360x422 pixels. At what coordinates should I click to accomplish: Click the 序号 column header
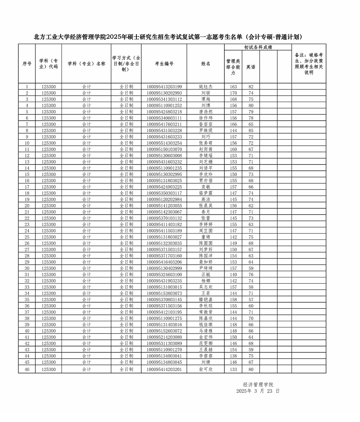tap(27, 64)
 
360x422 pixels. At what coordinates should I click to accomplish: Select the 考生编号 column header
tap(164, 64)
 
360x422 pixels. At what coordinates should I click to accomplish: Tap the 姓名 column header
tap(205, 64)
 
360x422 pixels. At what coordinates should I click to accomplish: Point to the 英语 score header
tap(251, 67)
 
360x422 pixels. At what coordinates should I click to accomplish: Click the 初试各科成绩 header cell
tap(258, 47)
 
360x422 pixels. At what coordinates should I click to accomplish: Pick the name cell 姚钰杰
tap(205, 87)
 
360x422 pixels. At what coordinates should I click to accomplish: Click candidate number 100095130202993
tap(164, 93)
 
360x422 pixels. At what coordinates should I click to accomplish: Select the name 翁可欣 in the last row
tap(205, 369)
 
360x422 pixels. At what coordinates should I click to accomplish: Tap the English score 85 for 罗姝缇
tap(251, 131)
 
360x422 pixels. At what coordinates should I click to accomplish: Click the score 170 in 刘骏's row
tap(233, 93)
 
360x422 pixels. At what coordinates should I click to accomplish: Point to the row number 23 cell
tap(27, 225)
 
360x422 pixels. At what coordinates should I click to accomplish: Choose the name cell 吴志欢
tap(205, 287)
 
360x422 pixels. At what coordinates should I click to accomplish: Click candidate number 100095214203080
tap(164, 337)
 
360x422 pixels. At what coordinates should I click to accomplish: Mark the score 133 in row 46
tap(233, 369)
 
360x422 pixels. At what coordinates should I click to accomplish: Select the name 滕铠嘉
tap(205, 300)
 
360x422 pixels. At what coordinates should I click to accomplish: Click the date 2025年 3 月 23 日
tap(258, 391)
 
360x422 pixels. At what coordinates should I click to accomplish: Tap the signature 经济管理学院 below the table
tap(258, 384)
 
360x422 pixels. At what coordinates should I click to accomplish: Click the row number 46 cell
tap(27, 369)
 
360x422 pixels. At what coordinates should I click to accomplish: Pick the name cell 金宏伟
tap(205, 337)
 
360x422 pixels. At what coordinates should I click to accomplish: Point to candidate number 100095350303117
tap(164, 193)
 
